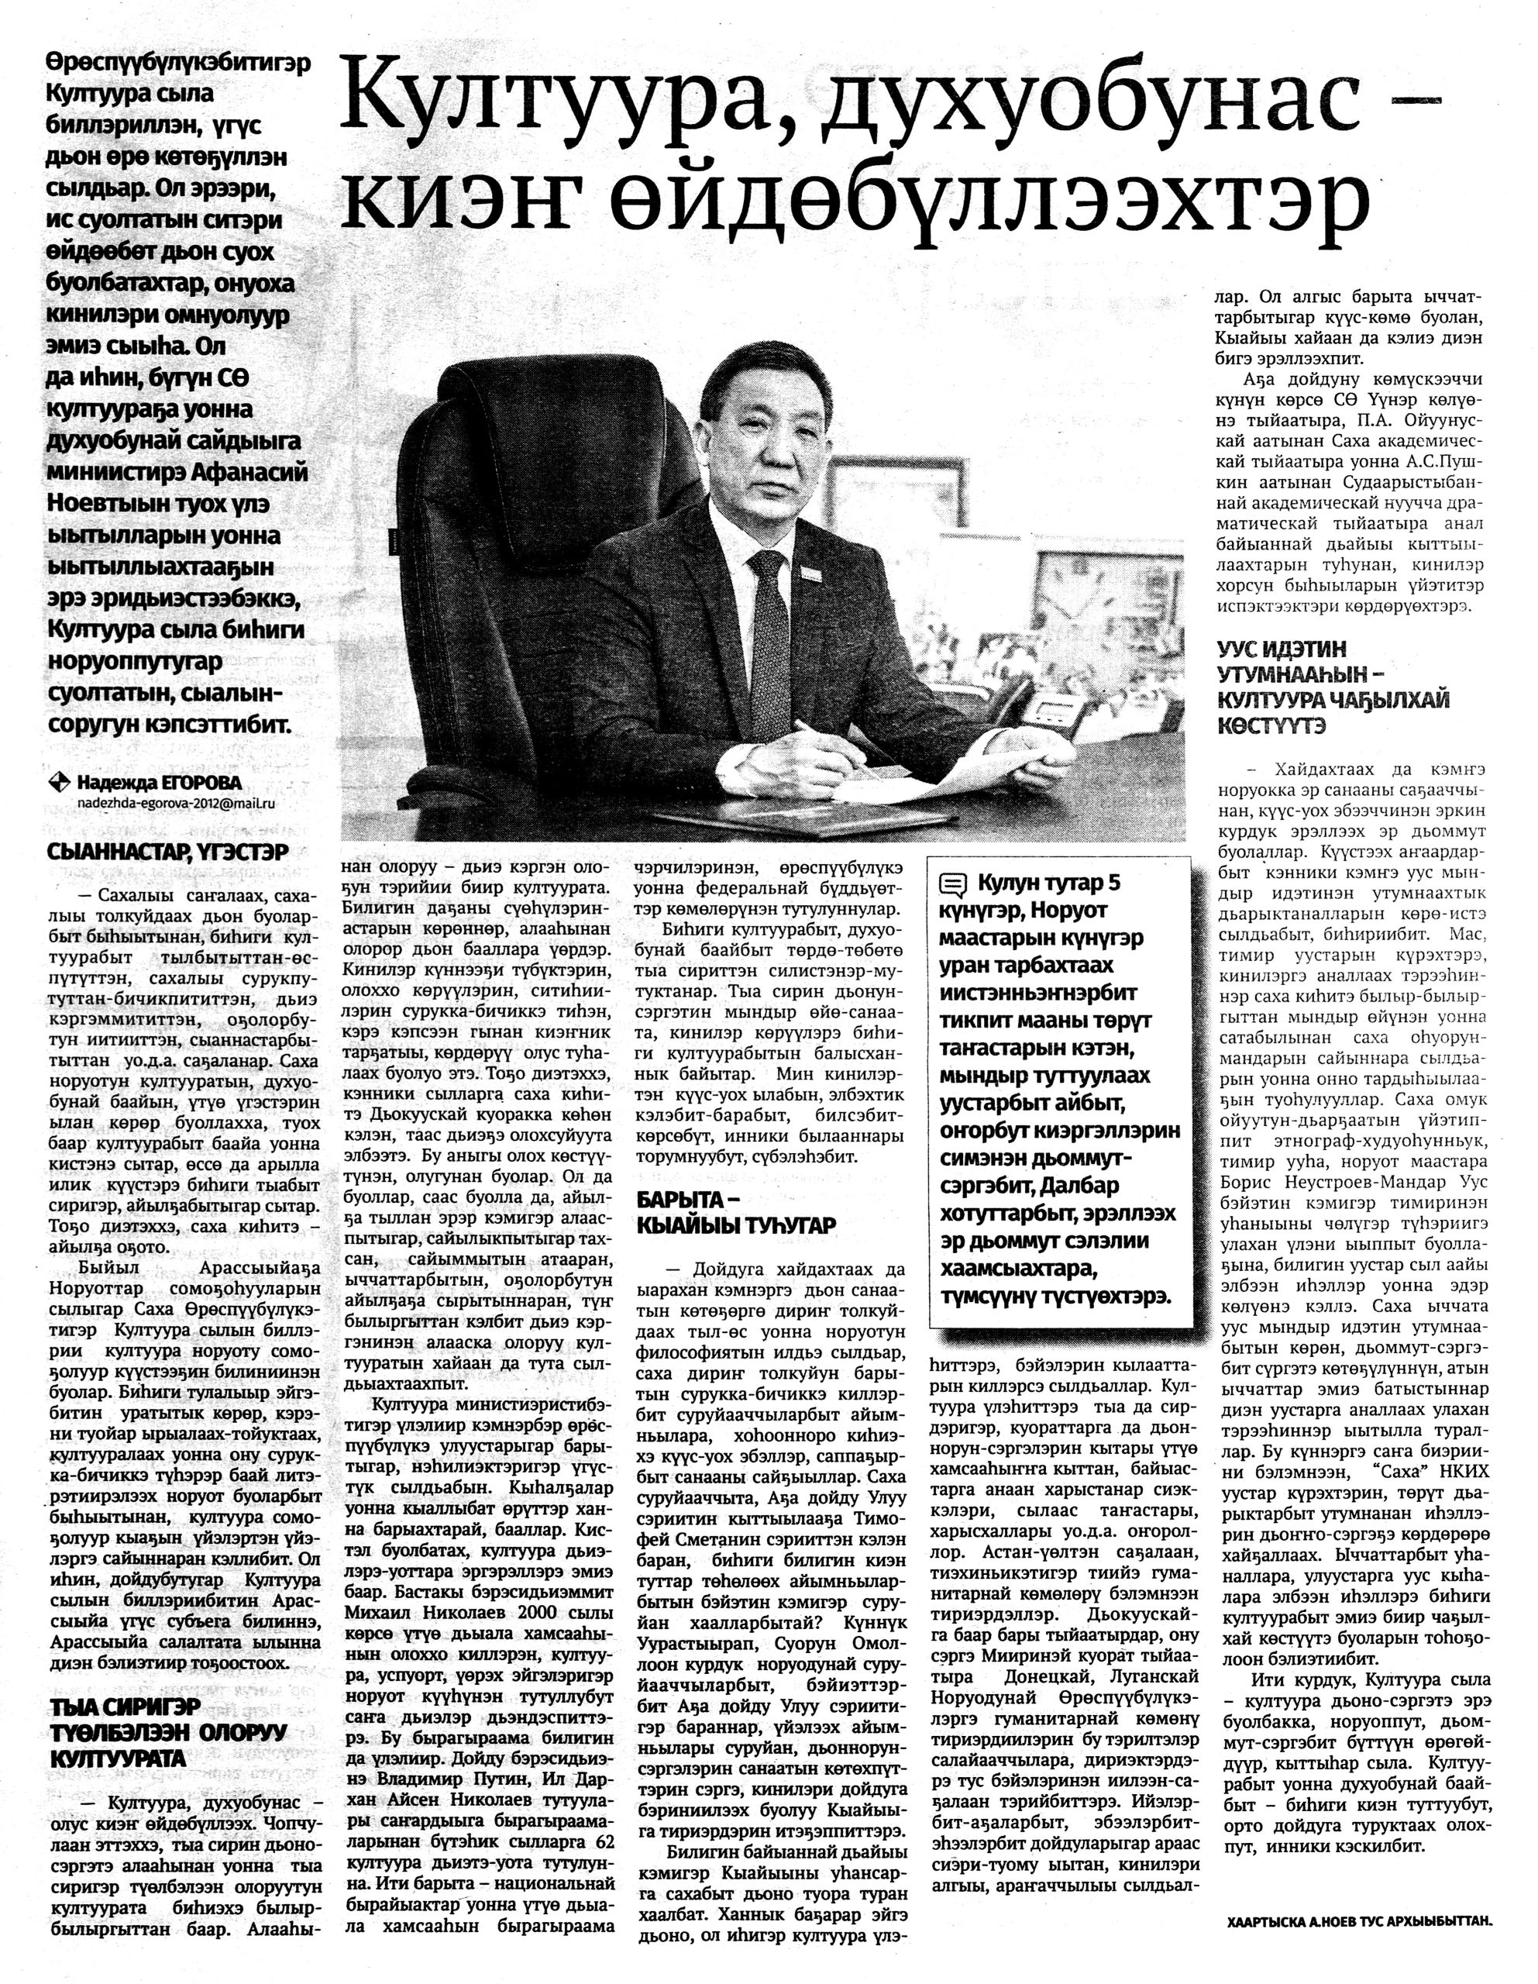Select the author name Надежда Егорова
(x=159, y=783)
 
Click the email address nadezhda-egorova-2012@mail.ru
(x=175, y=803)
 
